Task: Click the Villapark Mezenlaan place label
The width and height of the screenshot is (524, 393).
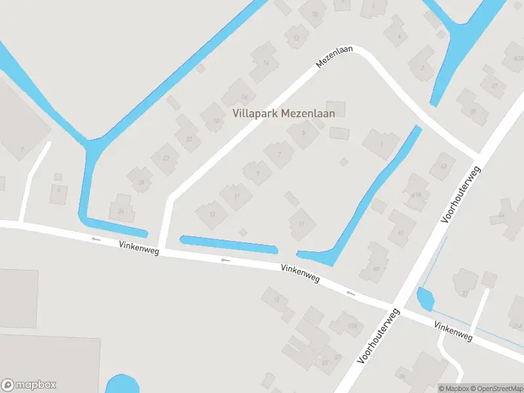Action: [x=284, y=113]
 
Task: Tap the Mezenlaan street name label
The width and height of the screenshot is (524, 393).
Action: [x=334, y=58]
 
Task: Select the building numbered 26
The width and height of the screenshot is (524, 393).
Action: [x=121, y=210]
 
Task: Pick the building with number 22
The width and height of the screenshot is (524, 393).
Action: [x=166, y=158]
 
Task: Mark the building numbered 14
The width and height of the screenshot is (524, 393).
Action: [x=265, y=62]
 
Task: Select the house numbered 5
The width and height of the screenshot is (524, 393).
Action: [x=303, y=133]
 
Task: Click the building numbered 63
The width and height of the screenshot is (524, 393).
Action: [x=443, y=166]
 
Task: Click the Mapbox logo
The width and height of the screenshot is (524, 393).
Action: [x=29, y=385]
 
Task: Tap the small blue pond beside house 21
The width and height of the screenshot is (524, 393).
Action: [x=425, y=299]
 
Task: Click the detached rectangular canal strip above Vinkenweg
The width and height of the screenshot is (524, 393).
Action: [x=229, y=244]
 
